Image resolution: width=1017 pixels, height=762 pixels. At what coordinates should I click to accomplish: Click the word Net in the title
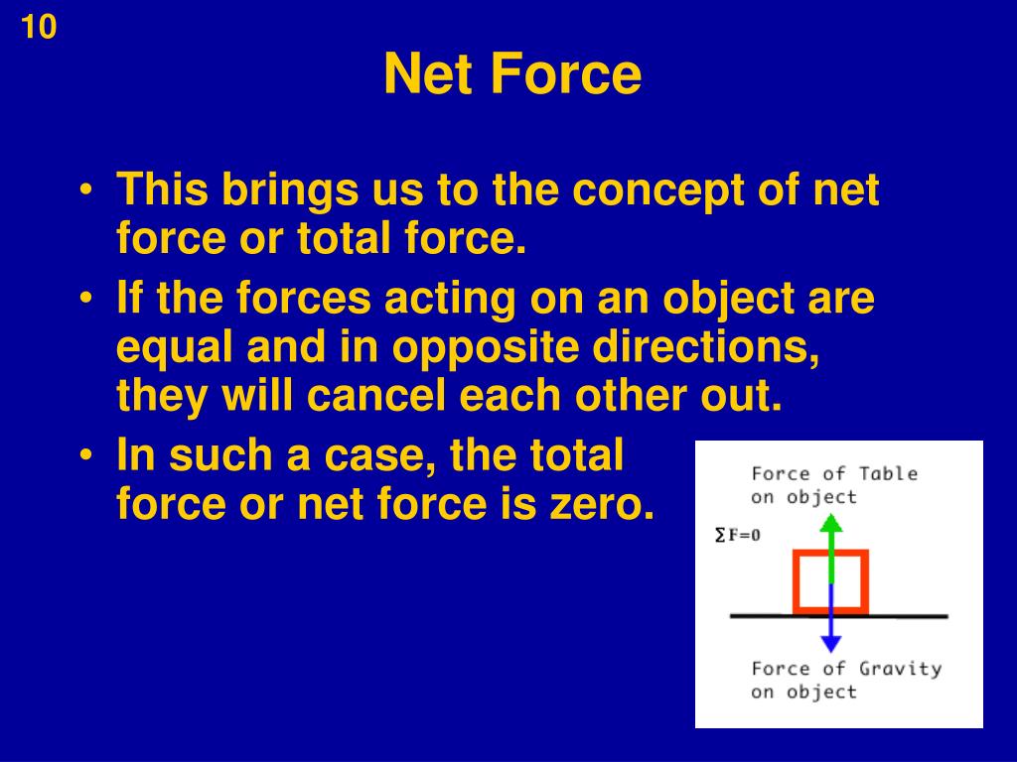[x=427, y=75]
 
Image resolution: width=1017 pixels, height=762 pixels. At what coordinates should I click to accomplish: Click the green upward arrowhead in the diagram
[x=832, y=521]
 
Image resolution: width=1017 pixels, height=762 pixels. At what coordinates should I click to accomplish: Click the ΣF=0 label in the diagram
[x=738, y=535]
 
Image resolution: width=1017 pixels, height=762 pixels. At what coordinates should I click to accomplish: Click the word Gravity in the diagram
[x=900, y=668]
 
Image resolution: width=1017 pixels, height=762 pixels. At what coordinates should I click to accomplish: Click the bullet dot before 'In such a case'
[x=90, y=456]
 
